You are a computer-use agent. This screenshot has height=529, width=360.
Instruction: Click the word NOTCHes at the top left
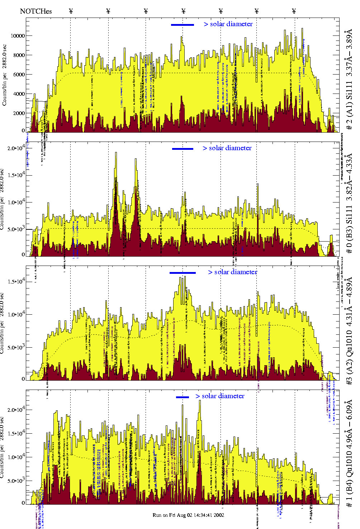(36, 11)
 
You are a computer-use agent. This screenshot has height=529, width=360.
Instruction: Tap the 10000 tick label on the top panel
(18, 36)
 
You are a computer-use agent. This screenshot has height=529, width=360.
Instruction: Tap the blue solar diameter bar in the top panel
(183, 25)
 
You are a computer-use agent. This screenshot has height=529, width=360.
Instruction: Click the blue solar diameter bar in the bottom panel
(183, 397)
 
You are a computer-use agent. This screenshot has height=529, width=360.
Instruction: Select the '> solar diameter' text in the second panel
(227, 148)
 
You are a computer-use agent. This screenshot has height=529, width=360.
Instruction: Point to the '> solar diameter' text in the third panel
(232, 272)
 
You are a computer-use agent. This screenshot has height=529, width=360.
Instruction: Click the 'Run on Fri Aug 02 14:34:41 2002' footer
(188, 515)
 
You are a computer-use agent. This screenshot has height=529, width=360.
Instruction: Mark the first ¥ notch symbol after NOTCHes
(71, 11)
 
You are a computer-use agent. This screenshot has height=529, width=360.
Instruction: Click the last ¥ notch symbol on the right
(294, 11)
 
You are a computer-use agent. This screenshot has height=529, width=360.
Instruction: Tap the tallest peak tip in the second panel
(116, 153)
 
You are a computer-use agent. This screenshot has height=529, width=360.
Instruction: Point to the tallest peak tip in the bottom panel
(200, 401)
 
